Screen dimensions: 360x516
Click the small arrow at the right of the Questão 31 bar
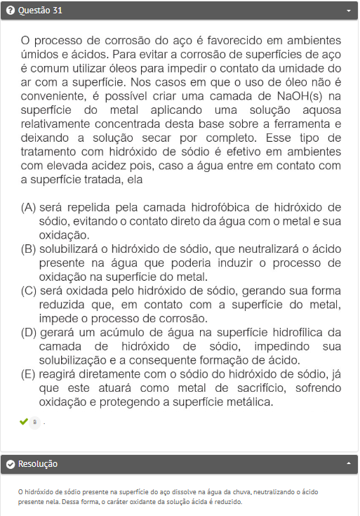click(x=349, y=11)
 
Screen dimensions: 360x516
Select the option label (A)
click(x=29, y=207)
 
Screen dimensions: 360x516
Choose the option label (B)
click(x=29, y=249)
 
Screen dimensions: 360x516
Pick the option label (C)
click(x=29, y=290)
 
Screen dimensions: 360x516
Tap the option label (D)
click(x=29, y=331)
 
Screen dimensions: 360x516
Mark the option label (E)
click(x=29, y=374)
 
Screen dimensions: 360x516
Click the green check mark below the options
click(x=24, y=421)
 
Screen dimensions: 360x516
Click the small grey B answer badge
click(x=34, y=422)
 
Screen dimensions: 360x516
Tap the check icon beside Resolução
click(x=10, y=464)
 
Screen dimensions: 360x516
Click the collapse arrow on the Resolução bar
click(x=349, y=464)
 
